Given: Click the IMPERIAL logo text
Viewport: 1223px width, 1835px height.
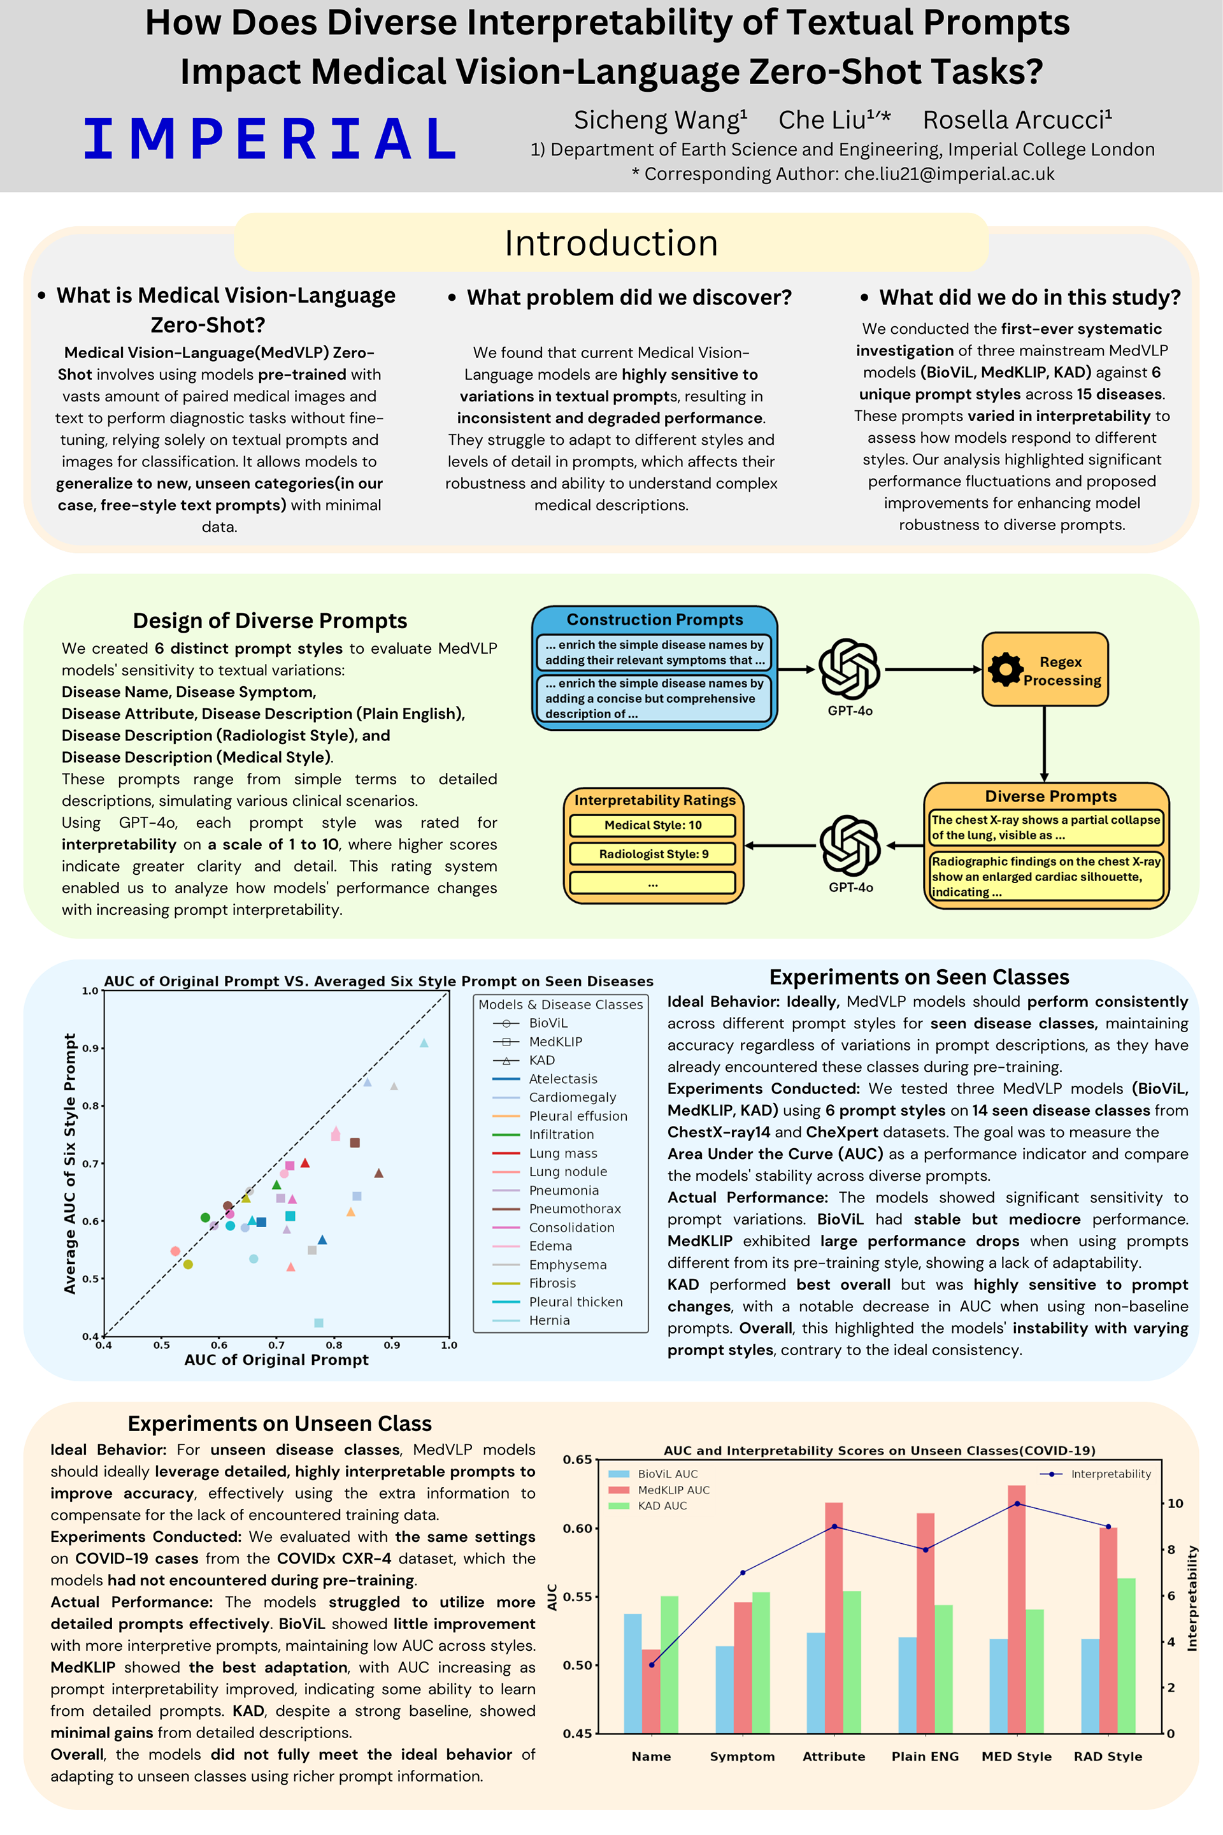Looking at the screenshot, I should [270, 139].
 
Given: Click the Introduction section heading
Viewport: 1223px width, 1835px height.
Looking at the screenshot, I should [611, 243].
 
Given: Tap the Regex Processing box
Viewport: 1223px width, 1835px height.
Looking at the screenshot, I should [1045, 670].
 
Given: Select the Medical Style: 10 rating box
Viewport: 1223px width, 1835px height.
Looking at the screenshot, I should [653, 824].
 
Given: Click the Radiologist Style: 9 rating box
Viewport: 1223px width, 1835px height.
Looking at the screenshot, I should [653, 854].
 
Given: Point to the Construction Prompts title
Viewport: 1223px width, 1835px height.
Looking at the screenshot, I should [654, 619].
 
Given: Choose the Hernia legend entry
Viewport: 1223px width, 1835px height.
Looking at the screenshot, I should [548, 1320].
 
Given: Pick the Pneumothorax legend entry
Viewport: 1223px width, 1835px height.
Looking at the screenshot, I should [574, 1209].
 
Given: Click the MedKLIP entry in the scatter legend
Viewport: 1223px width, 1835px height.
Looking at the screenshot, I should [555, 1042].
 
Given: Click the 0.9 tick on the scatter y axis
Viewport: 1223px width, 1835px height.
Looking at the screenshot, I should [91, 1047].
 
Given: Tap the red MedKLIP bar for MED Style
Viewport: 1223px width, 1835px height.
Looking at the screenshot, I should [1017, 1607].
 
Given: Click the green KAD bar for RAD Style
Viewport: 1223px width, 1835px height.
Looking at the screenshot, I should [1126, 1654].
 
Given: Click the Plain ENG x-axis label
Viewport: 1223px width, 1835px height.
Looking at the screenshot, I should [925, 1756].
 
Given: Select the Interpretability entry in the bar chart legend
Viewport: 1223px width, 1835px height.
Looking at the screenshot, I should [1110, 1474].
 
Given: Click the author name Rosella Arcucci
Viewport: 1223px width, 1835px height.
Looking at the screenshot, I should [1017, 120].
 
